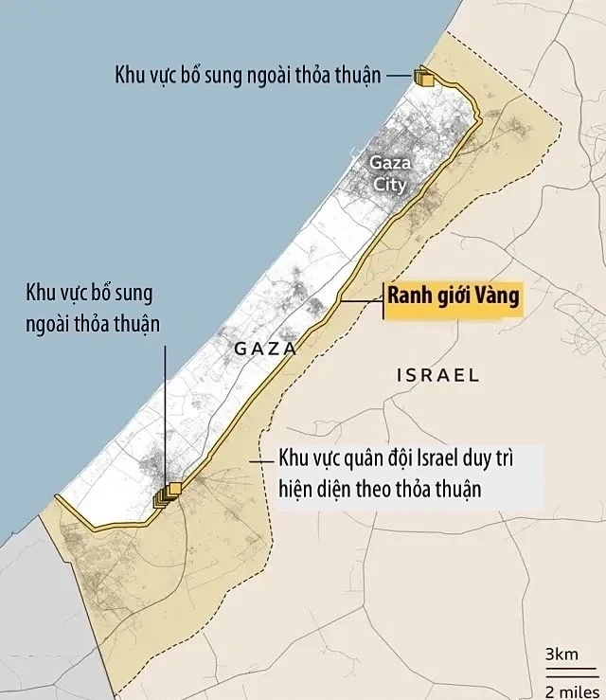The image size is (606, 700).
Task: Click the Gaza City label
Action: coord(389,173)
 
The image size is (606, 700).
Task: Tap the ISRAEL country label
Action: coord(437,375)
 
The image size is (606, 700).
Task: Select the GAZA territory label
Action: coord(264,349)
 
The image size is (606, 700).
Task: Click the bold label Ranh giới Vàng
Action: coord(454,297)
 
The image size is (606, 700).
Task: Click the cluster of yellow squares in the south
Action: coord(167,494)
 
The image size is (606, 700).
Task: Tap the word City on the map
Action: coord(389,184)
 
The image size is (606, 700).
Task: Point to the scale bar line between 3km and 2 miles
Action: coord(564,672)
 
